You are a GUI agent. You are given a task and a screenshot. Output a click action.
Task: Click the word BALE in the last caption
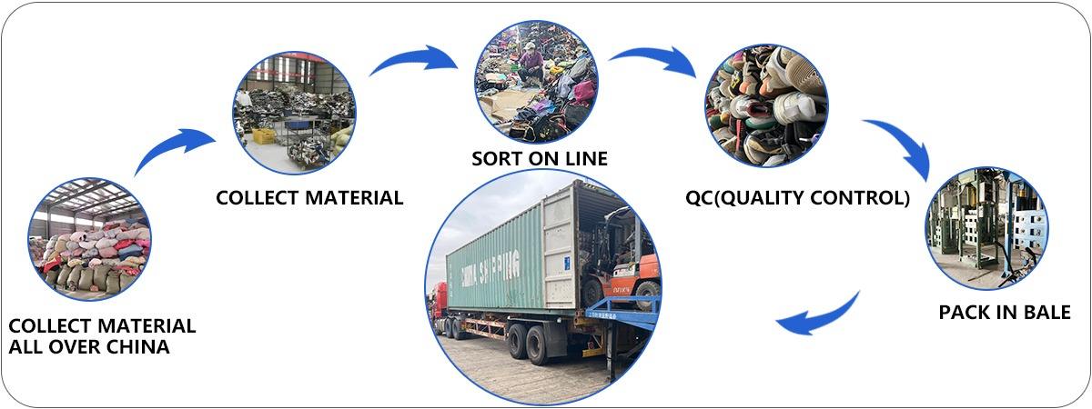(1044, 313)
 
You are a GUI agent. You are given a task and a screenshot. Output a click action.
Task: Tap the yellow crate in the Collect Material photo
(264, 136)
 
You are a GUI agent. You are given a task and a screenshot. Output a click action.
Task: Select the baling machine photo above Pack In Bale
(986, 228)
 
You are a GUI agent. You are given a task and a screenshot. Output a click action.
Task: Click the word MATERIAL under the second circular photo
(349, 197)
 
